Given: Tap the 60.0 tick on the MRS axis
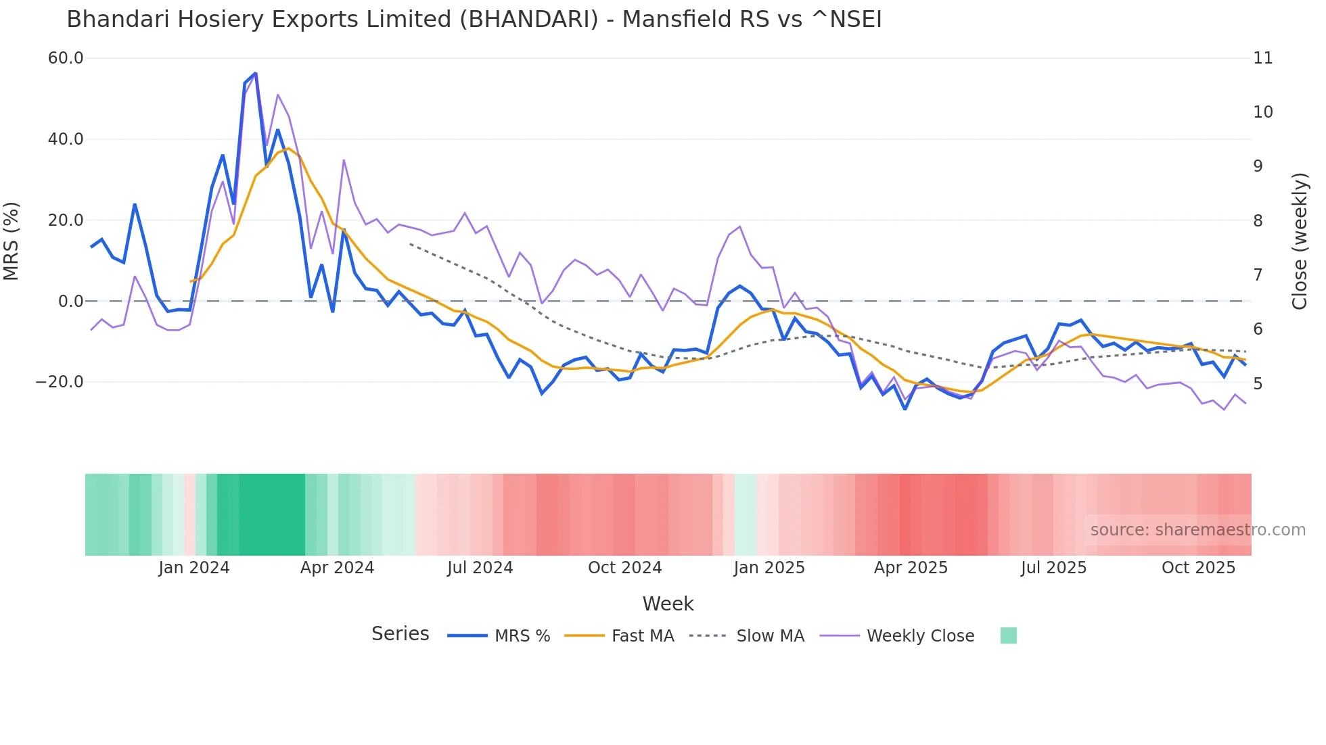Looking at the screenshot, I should (66, 58).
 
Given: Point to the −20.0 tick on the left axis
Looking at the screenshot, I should (60, 382).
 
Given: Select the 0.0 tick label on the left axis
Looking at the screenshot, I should (71, 302).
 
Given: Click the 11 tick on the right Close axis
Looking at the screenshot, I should (1262, 58).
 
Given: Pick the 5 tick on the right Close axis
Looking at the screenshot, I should (1258, 384).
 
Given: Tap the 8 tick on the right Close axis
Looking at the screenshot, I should (1258, 221).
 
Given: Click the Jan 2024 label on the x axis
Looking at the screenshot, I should (194, 568).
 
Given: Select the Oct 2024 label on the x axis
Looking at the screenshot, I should (624, 568).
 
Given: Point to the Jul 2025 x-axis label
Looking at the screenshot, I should (1053, 568).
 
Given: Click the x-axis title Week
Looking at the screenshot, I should (668, 604).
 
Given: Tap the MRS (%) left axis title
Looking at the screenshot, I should (12, 241).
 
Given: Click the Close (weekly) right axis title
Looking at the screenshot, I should (1300, 241).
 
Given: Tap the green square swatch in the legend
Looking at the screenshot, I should (1008, 635).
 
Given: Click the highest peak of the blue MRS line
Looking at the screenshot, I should (255, 73).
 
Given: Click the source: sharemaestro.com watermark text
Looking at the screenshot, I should (1197, 530).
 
